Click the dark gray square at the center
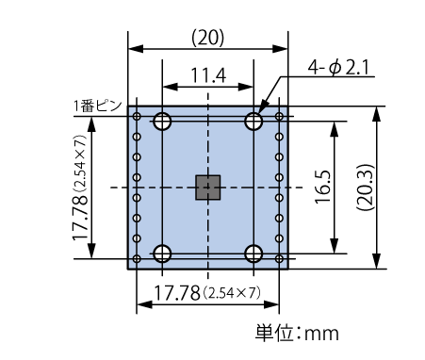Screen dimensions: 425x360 coord(207,188)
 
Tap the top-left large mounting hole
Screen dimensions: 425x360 coord(162,121)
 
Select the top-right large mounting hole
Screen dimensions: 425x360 coord(253,121)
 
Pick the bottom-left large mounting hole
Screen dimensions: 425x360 coord(162,254)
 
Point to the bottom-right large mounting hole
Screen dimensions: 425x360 coord(253,254)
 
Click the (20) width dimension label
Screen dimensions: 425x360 coord(208,39)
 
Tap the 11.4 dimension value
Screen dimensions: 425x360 coord(208,75)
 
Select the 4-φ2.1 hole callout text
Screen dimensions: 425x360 coord(338,67)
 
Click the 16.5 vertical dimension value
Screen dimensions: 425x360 coord(323,187)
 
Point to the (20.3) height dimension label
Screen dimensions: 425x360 coord(365,188)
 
